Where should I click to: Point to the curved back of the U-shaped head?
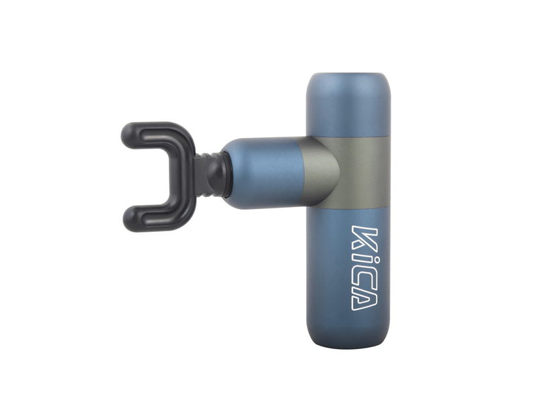(184, 174)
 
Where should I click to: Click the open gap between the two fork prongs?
(151, 174)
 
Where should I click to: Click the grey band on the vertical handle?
(362, 172)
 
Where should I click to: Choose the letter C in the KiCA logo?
(364, 276)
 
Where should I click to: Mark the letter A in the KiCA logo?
(364, 299)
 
